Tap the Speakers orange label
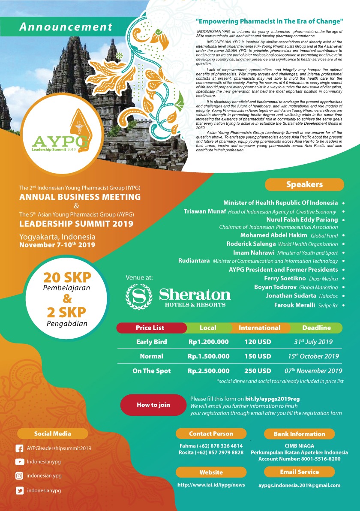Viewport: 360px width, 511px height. [x=304, y=185]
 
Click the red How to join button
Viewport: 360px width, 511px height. [x=153, y=405]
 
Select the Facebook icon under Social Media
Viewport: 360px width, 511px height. [x=19, y=448]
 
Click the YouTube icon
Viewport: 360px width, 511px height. [x=19, y=462]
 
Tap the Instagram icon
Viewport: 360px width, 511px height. [x=19, y=476]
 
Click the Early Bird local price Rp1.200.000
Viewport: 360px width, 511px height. [x=208, y=342]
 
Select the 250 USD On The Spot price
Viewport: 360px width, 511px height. [x=258, y=371]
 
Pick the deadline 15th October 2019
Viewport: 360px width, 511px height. [x=313, y=356]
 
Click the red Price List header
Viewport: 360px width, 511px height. [x=150, y=328]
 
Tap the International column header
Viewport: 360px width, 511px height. [x=259, y=328]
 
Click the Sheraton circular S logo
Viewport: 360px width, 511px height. [x=139, y=296]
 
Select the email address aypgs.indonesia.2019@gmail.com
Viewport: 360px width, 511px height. [x=299, y=486]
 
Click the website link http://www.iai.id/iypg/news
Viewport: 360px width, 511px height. [x=211, y=485]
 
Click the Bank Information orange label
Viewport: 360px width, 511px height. [x=300, y=434]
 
